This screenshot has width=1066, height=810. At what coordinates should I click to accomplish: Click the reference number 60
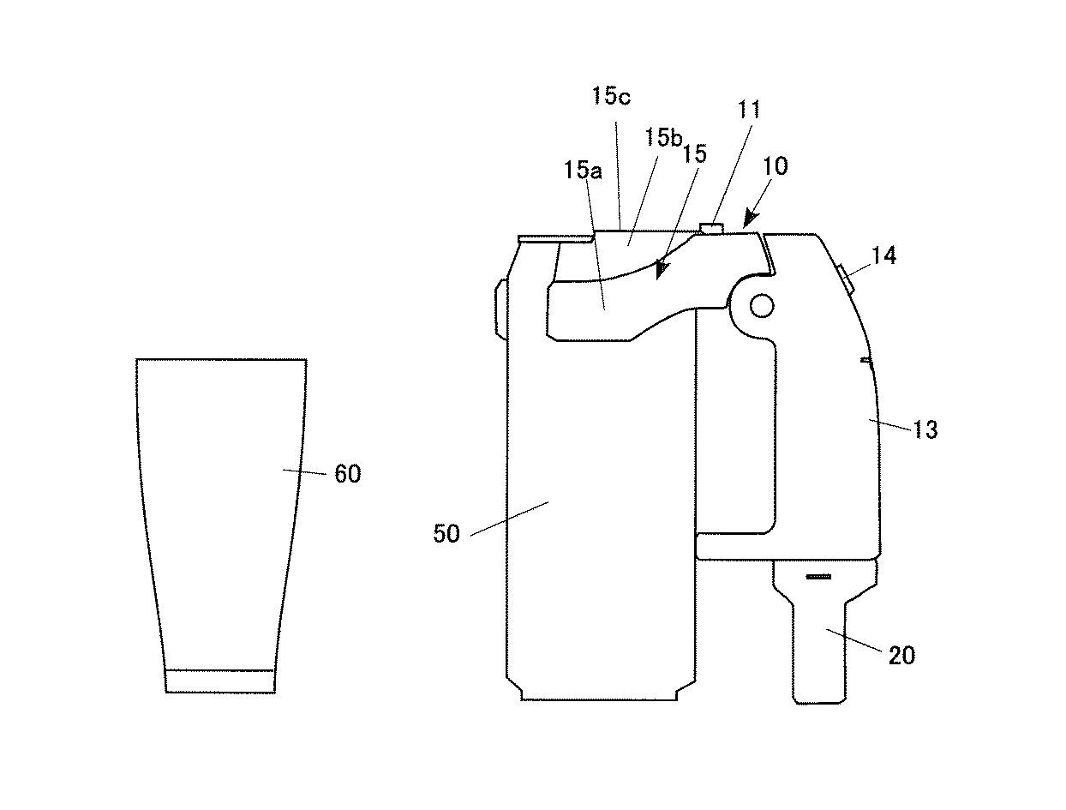[x=348, y=474]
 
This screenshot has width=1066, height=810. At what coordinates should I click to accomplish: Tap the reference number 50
[x=446, y=534]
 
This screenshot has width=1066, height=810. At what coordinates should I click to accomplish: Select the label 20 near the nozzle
[x=901, y=656]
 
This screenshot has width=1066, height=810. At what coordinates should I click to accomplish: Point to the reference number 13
[x=925, y=429]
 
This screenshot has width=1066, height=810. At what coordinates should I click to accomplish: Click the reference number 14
[x=883, y=255]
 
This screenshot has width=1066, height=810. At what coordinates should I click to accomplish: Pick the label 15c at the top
[x=611, y=96]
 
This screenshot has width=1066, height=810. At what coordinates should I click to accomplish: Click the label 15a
[x=583, y=170]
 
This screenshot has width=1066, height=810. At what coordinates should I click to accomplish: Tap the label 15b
[x=664, y=137]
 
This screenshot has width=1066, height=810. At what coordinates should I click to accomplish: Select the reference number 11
[x=748, y=111]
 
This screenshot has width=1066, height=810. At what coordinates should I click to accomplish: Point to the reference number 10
[x=776, y=166]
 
